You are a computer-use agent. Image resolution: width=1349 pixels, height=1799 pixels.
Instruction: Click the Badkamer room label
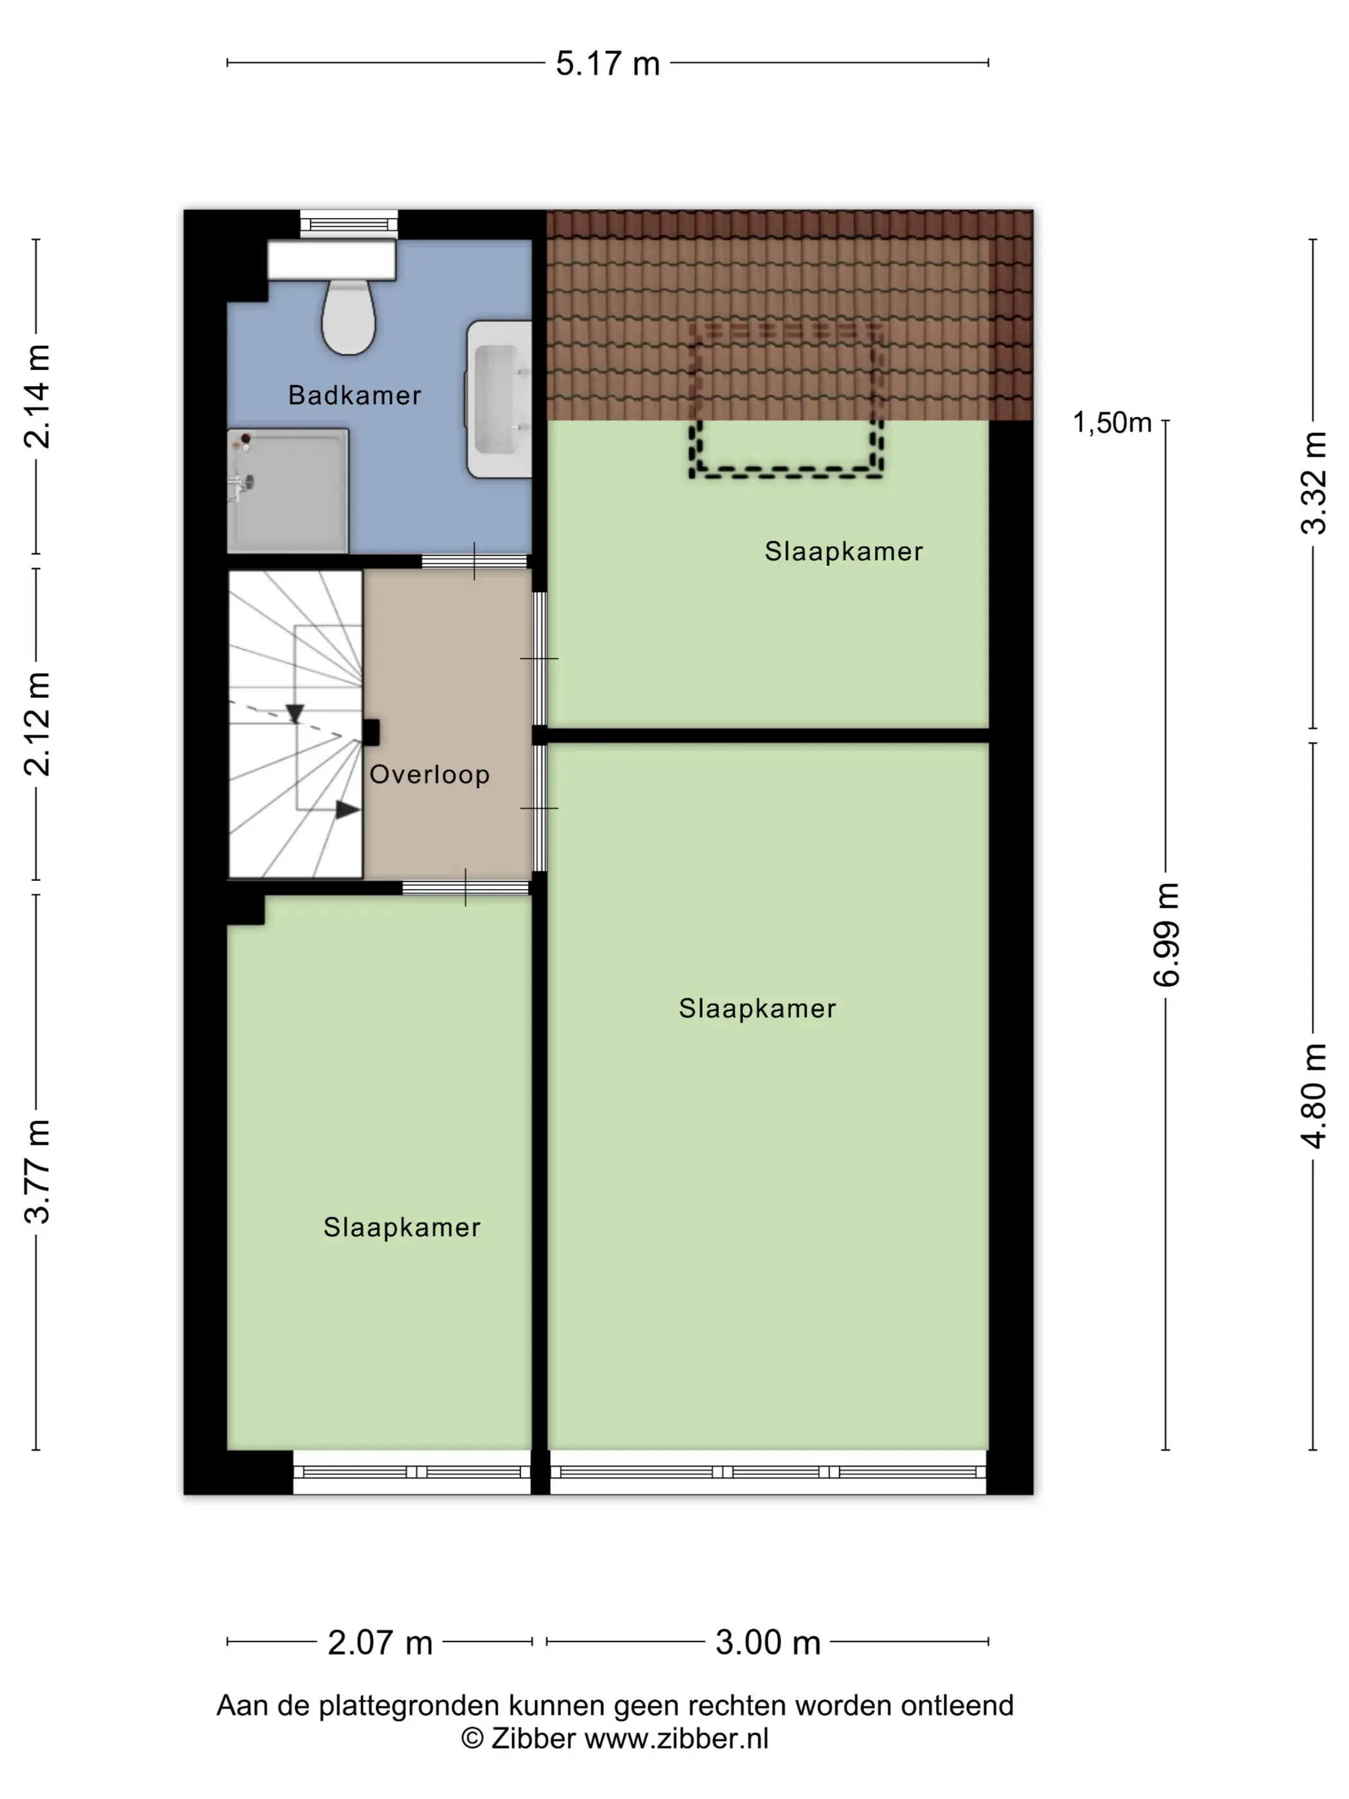click(x=355, y=395)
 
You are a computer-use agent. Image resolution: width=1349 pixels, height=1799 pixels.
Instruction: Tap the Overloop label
click(x=429, y=774)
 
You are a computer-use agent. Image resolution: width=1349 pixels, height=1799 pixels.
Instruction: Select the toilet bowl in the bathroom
click(x=348, y=317)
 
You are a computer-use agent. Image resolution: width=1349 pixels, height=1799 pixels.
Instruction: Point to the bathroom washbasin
click(x=498, y=400)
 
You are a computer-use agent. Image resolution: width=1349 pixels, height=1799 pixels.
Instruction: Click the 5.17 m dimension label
click(x=608, y=64)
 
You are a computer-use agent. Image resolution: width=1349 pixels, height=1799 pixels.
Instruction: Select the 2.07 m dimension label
click(x=380, y=1643)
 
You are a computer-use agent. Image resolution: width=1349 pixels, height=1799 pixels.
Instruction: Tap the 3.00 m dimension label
click(x=768, y=1643)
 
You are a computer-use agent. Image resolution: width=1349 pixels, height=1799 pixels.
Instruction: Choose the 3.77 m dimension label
click(x=37, y=1172)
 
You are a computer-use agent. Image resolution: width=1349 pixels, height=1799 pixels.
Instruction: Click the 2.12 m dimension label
click(x=37, y=724)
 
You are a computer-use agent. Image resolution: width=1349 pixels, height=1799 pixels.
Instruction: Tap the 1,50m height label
click(x=1111, y=423)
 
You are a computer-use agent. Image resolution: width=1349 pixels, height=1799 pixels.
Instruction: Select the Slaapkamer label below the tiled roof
click(x=843, y=551)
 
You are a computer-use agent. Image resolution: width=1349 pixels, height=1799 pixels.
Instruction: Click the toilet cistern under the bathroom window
click(x=331, y=260)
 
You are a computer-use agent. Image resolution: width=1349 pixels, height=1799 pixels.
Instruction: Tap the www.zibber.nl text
click(x=676, y=1739)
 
